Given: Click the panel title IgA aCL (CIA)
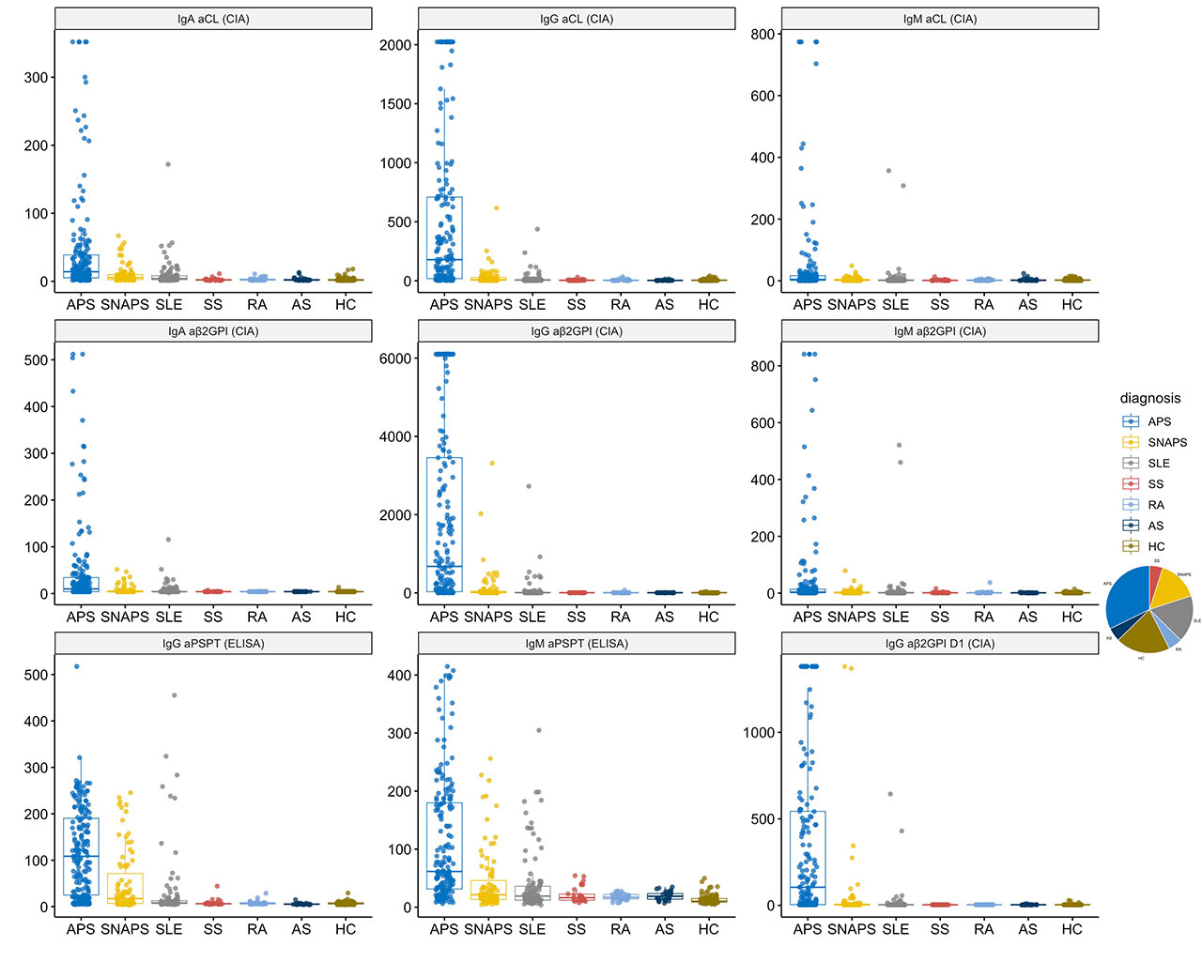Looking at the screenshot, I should [213, 19].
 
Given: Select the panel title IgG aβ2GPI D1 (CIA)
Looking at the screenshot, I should [940, 644].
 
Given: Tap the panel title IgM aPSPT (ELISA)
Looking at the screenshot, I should [577, 644].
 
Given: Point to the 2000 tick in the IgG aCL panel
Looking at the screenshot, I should [395, 45].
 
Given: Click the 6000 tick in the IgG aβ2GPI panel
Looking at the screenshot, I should [395, 358].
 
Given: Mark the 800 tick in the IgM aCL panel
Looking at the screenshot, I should [763, 35].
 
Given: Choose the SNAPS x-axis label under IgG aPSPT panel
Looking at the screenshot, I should [125, 929].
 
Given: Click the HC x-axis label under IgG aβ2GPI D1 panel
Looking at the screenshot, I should [1072, 929].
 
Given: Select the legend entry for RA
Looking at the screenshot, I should [1155, 505].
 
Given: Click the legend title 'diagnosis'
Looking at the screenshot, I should [1150, 398].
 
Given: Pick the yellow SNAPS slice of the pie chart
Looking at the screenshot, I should [1169, 587].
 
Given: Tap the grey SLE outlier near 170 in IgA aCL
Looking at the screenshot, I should [168, 164].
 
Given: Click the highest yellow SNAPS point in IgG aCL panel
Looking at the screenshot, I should [497, 208].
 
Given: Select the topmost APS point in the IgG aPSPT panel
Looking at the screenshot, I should [77, 667].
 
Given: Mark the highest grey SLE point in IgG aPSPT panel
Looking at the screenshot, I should [174, 695].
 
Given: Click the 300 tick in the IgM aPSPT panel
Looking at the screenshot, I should [399, 734].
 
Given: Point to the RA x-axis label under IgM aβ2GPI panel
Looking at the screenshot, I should [984, 617].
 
